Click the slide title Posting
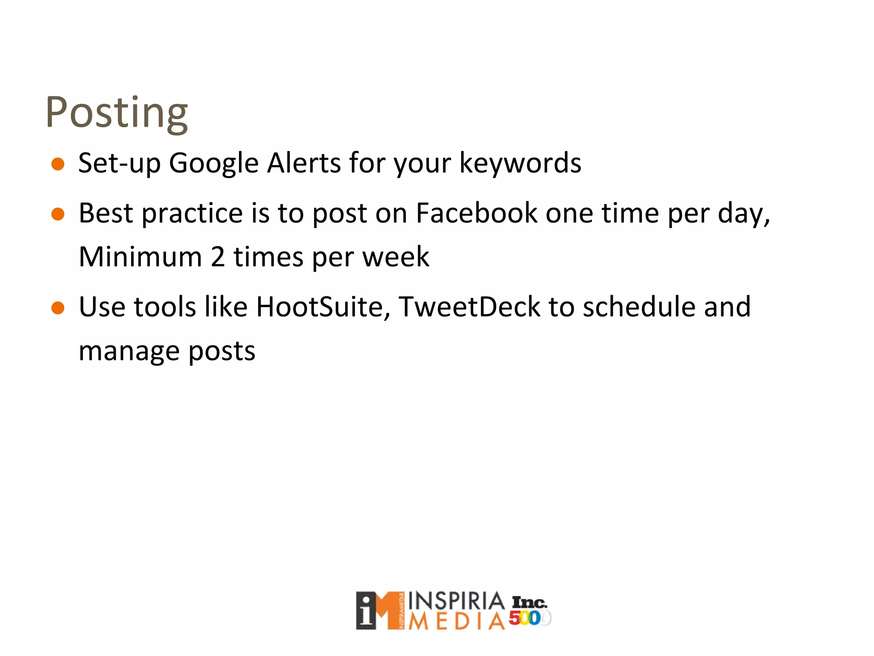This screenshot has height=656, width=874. (x=116, y=112)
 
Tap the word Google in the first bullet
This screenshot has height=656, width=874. (x=213, y=164)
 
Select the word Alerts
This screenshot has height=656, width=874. (x=303, y=163)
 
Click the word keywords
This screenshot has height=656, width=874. (x=520, y=164)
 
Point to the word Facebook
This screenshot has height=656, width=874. (x=476, y=213)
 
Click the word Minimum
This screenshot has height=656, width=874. (x=140, y=257)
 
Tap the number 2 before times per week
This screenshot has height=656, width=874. (x=218, y=257)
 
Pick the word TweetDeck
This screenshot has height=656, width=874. (x=469, y=307)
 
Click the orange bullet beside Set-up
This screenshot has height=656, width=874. (x=58, y=164)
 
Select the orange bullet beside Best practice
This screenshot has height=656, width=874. (x=58, y=214)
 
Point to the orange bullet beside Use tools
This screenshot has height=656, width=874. (x=58, y=308)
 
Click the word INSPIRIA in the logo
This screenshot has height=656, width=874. (x=456, y=601)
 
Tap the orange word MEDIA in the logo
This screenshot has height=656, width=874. (x=456, y=621)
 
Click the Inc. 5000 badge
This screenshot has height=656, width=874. (x=530, y=611)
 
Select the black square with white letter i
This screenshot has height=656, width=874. (x=366, y=611)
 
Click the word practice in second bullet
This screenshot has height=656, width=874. (x=192, y=214)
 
